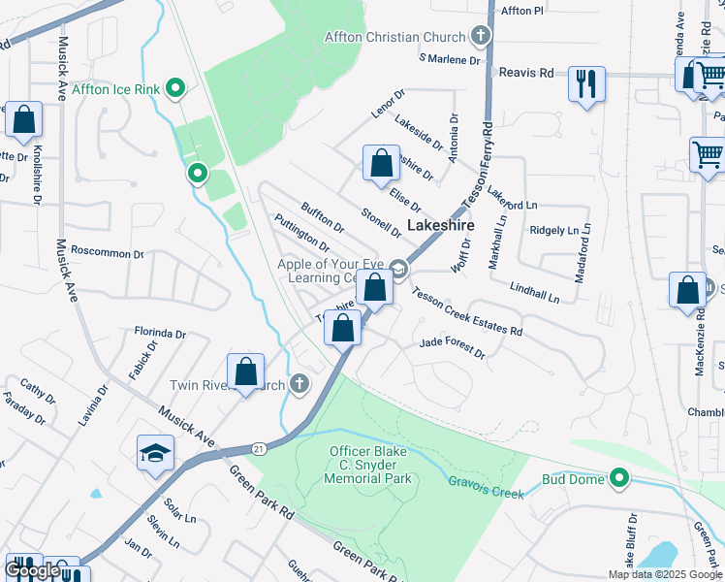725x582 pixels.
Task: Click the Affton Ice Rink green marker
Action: pyautogui.click(x=175, y=90)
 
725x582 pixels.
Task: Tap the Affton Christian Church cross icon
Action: pyautogui.click(x=480, y=38)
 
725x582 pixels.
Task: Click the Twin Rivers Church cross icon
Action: pyautogui.click(x=299, y=385)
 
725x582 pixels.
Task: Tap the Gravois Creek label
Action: pyautogui.click(x=486, y=485)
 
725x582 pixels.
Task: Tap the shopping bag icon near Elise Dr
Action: pyautogui.click(x=381, y=162)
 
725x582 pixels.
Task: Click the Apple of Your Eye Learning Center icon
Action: pyautogui.click(x=397, y=268)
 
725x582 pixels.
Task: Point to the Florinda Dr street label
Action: pyautogui.click(x=160, y=334)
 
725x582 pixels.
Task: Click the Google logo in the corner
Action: pyautogui.click(x=32, y=570)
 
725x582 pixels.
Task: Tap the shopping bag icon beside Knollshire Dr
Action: pyautogui.click(x=23, y=120)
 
